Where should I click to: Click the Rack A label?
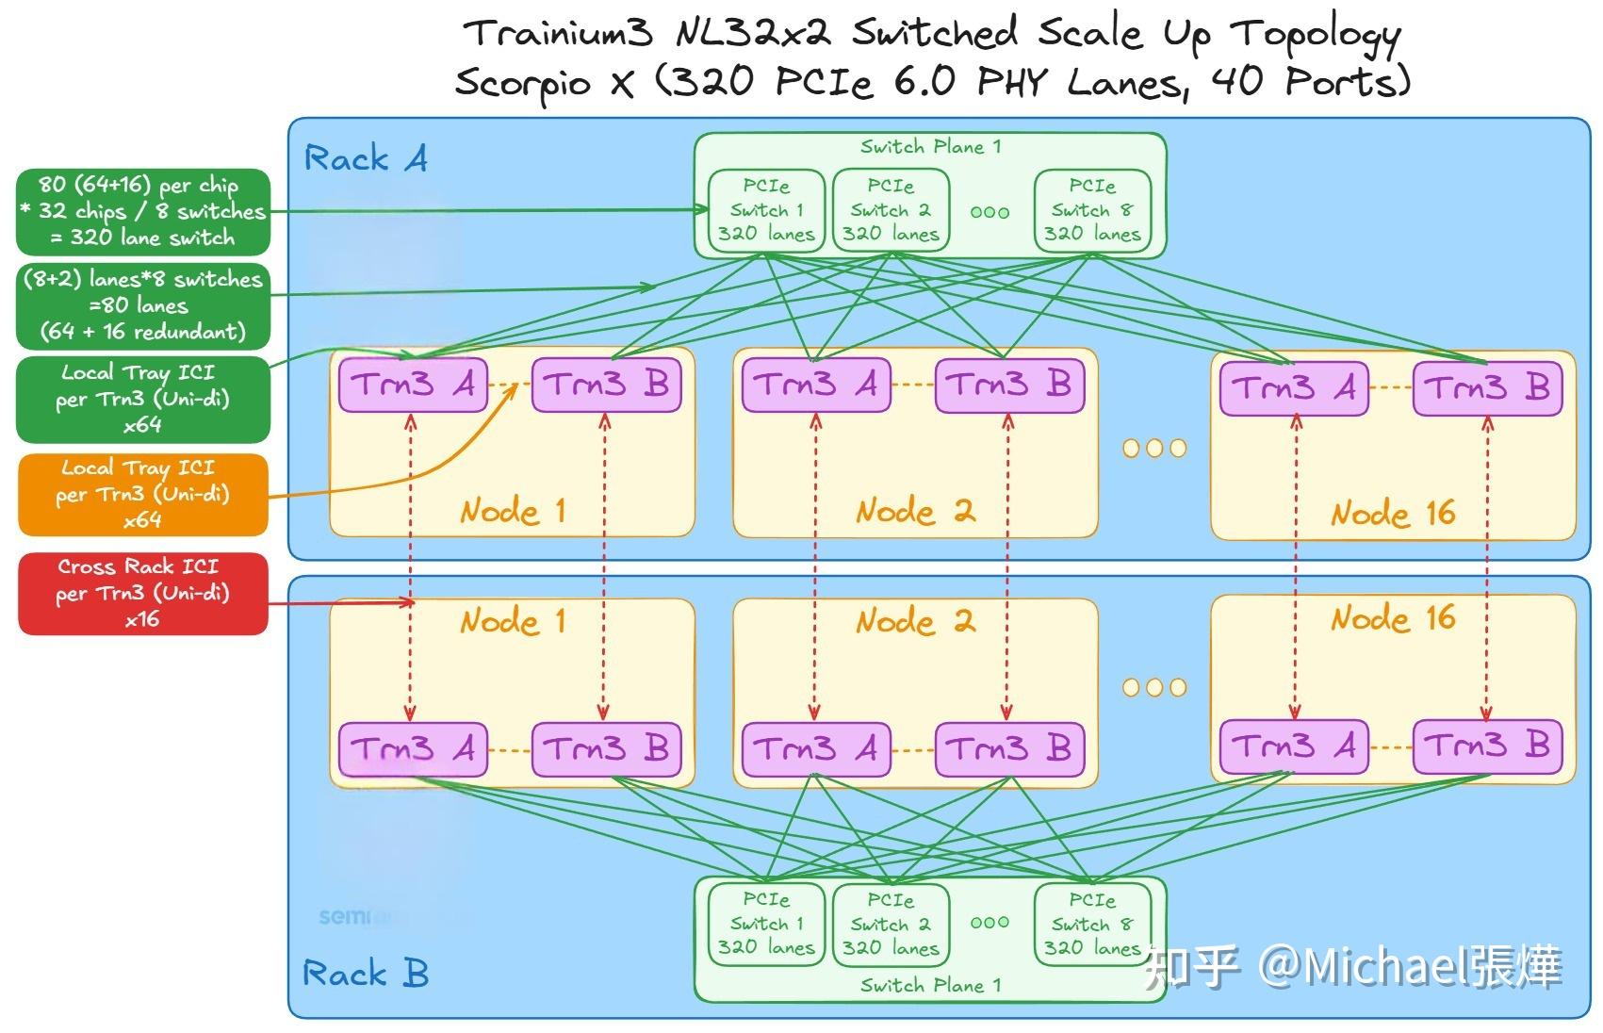(x=366, y=158)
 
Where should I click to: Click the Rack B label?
(x=366, y=973)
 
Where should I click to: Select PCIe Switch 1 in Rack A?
(x=766, y=210)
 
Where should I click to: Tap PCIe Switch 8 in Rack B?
(x=1092, y=924)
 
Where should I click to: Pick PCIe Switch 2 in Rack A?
(x=891, y=210)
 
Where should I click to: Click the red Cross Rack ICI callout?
(x=143, y=593)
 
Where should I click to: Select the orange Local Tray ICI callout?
(x=143, y=494)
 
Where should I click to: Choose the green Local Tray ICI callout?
(x=143, y=399)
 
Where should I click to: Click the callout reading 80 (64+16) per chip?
(x=143, y=211)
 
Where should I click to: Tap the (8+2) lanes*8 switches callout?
(x=143, y=305)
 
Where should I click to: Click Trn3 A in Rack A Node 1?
(x=413, y=385)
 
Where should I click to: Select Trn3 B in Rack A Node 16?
(x=1487, y=387)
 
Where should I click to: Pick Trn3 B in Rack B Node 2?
(x=1009, y=749)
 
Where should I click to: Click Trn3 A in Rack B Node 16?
(x=1293, y=746)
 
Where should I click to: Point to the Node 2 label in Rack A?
(x=914, y=512)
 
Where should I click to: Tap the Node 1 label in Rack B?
(x=513, y=621)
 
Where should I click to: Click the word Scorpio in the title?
(x=522, y=83)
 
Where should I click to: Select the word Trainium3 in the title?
(x=558, y=34)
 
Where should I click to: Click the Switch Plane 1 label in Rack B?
(x=930, y=986)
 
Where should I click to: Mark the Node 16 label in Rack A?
(x=1393, y=514)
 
